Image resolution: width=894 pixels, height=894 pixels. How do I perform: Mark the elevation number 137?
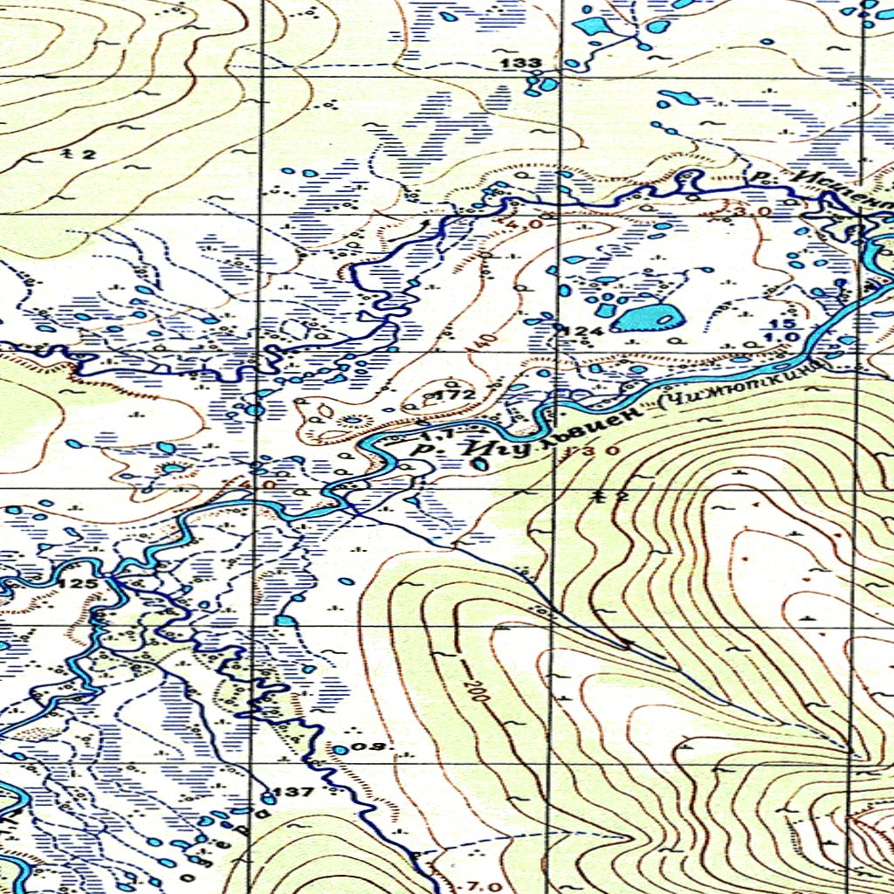click(293, 793)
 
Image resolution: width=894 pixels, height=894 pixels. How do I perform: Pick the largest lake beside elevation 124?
click(648, 317)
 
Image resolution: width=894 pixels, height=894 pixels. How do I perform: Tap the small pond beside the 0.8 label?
click(340, 749)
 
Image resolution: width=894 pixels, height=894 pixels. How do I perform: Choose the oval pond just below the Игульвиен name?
click(479, 464)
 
